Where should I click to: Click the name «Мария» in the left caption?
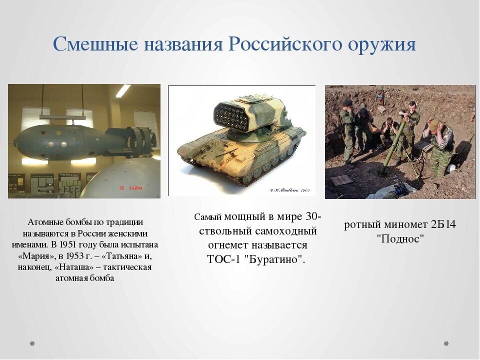point(33,255)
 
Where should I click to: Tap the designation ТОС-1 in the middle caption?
point(223,259)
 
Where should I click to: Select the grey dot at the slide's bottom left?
point(32,343)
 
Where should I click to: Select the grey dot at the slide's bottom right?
point(446,343)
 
